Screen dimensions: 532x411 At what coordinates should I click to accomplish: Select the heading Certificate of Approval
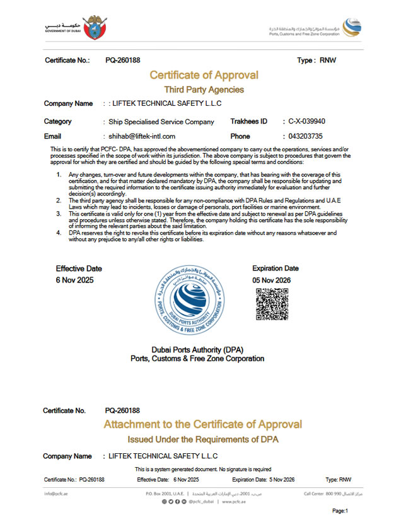tap(204, 76)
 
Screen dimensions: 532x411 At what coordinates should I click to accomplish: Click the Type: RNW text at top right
tap(316, 61)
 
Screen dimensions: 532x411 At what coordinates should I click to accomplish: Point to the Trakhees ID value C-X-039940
tap(307, 121)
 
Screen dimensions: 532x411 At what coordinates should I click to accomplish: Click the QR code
tap(272, 304)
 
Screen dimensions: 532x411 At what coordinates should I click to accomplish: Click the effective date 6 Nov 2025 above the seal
tap(74, 280)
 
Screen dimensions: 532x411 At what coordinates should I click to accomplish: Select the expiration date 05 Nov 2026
tap(271, 280)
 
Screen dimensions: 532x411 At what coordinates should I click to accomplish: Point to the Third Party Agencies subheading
tap(204, 90)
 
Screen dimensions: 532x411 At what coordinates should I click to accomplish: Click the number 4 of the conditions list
tap(59, 233)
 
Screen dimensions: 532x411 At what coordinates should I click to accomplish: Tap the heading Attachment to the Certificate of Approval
tap(202, 424)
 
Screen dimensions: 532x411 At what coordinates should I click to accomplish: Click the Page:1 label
tap(340, 511)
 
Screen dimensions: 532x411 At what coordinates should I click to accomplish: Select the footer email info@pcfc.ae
tap(55, 493)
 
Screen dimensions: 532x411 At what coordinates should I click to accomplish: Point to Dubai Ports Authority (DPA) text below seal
tap(197, 350)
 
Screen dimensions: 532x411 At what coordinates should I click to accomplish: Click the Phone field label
tap(240, 136)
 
